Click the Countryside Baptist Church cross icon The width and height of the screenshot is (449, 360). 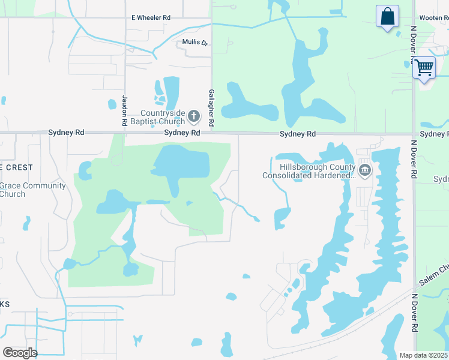193,115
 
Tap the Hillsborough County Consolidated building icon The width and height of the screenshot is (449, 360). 365,171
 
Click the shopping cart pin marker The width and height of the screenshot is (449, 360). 424,68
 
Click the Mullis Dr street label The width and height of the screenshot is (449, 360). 195,43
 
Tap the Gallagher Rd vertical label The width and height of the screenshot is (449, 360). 211,108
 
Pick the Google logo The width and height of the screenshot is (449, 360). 20,352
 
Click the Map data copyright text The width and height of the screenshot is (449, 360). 424,355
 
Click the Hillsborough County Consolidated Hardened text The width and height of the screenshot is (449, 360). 310,171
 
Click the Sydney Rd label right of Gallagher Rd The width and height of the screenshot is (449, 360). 298,134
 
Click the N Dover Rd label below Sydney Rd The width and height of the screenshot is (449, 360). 414,159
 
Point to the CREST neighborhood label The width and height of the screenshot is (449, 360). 18,167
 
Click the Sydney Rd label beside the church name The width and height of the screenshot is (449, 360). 181,132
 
